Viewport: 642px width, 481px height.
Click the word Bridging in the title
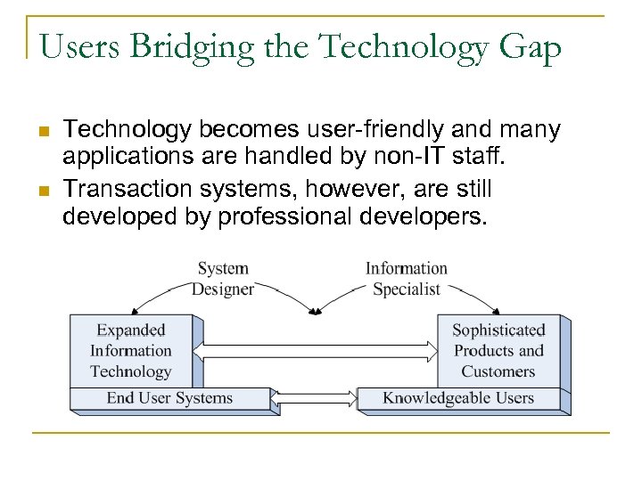click(178, 47)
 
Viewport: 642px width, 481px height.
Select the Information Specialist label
click(407, 278)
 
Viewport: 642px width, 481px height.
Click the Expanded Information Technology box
click(131, 351)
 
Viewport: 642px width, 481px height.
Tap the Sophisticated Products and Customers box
click(498, 351)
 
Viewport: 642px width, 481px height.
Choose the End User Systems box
click(169, 398)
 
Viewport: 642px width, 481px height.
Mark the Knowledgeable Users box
click(458, 398)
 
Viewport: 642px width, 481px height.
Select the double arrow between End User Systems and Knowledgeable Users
click(314, 398)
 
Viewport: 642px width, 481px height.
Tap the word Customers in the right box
click(498, 371)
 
